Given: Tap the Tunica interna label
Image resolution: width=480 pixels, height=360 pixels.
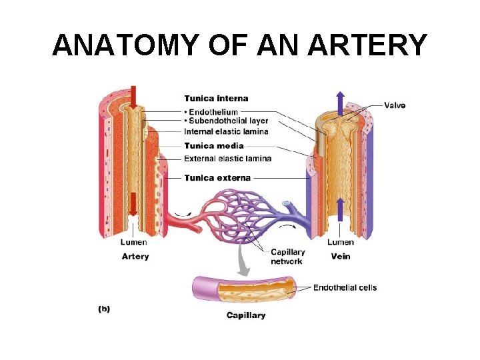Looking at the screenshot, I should coord(216,99).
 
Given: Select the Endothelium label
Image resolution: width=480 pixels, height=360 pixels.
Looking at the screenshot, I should coord(214,111).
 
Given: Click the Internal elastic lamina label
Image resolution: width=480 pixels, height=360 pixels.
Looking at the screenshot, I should coord(226,131).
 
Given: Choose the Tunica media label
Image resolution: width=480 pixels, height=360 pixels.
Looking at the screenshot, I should coord(214,145).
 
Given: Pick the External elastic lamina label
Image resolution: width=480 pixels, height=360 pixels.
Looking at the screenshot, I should coord(227,158).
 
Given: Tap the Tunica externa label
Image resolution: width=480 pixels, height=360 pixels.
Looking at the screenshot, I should coord(217,178).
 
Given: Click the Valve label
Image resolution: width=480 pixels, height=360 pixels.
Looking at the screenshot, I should coord(395,105).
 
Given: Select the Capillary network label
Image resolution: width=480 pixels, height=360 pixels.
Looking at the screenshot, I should coord(287,257).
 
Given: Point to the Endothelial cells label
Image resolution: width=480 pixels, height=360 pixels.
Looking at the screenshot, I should coord(345,288).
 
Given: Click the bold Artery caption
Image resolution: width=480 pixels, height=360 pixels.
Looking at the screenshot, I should coord(135,256).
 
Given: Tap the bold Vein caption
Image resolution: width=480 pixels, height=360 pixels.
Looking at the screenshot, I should coord(340,256).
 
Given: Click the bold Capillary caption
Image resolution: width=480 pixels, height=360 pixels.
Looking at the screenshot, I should coord(245,315).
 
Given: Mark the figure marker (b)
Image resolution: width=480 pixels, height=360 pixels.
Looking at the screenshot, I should coord(105,309).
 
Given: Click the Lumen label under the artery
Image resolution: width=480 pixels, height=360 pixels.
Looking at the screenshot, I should coord(134,242).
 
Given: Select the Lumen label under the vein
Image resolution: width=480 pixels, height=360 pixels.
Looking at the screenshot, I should coord(340,242).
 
